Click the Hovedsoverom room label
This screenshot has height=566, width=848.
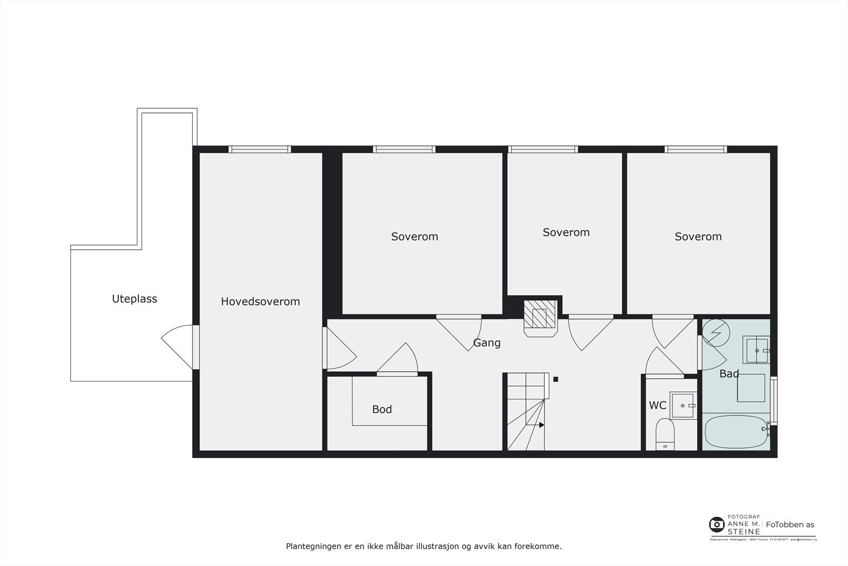tap(260, 302)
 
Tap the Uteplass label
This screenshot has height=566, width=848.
tap(134, 299)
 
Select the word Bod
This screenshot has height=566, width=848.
tap(382, 409)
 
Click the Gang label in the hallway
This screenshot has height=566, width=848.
tap(487, 343)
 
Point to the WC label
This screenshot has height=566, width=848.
tap(657, 405)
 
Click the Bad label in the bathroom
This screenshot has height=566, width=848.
tap(729, 373)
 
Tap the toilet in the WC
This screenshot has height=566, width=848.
tap(665, 434)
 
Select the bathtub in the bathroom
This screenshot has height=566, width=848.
tap(736, 432)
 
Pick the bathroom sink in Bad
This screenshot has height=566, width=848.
tap(756, 350)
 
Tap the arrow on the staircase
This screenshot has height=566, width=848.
tap(541, 425)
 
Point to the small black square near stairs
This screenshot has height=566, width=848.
tap(555, 379)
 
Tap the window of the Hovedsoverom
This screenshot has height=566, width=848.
tap(260, 150)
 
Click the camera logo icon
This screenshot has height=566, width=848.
tap(717, 525)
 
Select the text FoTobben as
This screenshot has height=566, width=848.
tap(790, 525)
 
